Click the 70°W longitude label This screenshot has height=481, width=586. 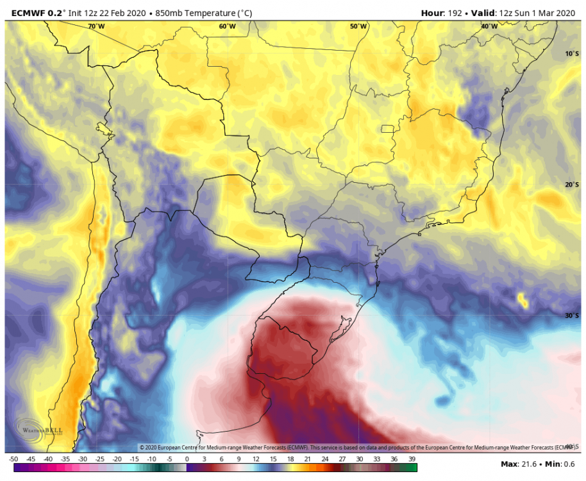[96, 26]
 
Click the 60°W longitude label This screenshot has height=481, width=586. [227, 26]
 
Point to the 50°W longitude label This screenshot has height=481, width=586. [358, 26]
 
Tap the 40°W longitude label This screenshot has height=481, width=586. [489, 26]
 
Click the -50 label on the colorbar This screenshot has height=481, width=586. [13, 459]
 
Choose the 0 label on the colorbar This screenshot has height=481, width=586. [187, 459]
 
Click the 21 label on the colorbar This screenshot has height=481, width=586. [307, 459]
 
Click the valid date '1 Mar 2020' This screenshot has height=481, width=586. [551, 12]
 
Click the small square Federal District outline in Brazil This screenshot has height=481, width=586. [387, 129]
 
